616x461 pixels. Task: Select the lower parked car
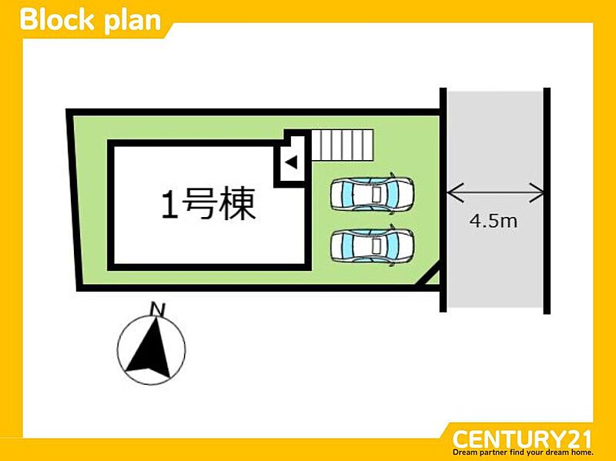tap(372, 246)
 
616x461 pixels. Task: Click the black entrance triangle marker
tap(291, 162)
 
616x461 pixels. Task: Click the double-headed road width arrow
tap(495, 190)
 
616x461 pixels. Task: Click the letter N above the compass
tap(159, 309)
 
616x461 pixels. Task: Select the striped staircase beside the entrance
tap(342, 144)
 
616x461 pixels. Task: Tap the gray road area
tap(494, 262)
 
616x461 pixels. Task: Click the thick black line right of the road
tap(547, 200)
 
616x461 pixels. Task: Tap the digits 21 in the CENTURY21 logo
tap(576, 439)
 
